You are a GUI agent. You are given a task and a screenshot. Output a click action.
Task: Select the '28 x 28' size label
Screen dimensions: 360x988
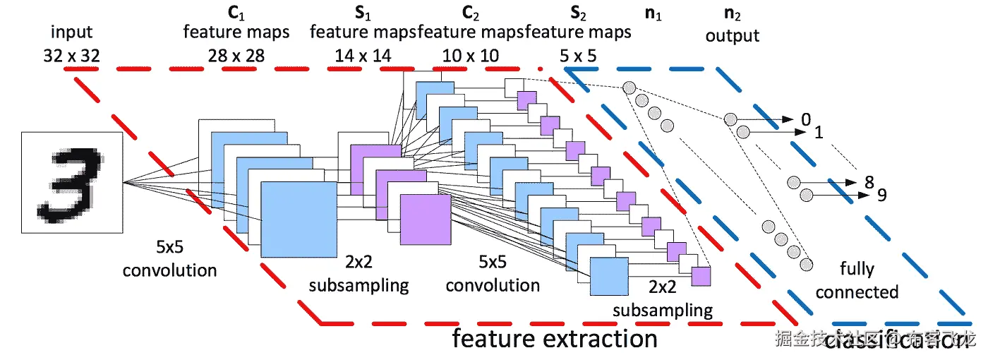coord(236,55)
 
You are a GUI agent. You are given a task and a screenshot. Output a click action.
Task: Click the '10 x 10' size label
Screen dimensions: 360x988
coord(471,55)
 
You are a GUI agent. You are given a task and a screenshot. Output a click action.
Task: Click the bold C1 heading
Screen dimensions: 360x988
coord(236,12)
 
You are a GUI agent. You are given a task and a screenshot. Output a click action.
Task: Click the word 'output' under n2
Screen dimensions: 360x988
coord(732,35)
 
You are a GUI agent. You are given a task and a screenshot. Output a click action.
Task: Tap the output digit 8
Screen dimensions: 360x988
coord(869,182)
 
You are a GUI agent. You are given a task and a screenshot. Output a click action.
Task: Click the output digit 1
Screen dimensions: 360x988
coord(819,132)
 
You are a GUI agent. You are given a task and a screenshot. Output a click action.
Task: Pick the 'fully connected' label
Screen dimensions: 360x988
coord(857,280)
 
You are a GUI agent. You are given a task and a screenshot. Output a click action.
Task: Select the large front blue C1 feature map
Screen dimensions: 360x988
coord(299,219)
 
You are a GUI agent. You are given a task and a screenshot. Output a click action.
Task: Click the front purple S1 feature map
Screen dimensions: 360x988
coord(426,220)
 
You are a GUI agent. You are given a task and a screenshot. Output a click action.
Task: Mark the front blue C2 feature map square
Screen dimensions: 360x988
coord(608,276)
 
